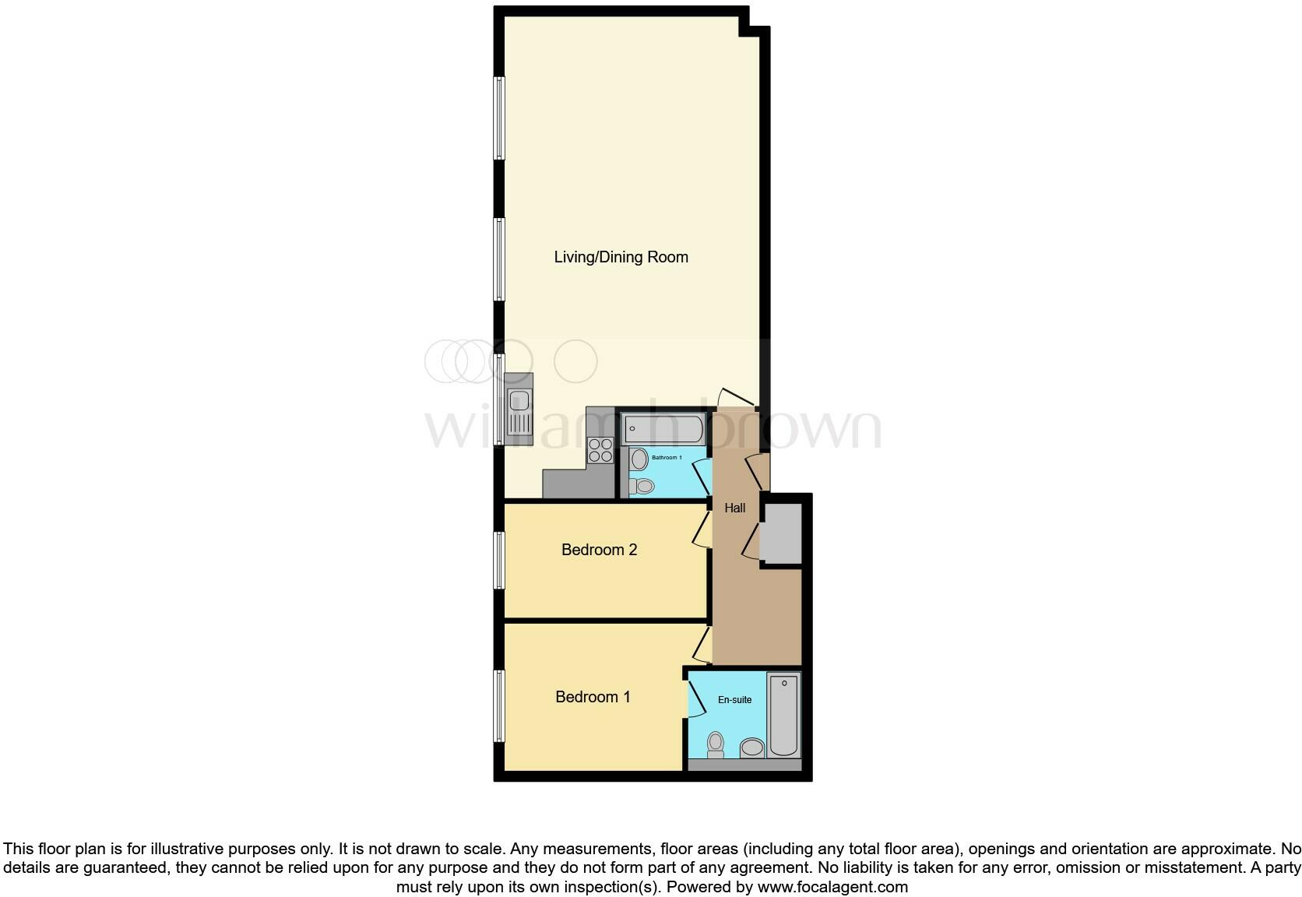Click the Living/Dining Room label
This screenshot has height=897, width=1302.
coord(621,257)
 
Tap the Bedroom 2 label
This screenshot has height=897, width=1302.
coord(599,550)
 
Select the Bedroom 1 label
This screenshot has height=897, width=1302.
coord(593,697)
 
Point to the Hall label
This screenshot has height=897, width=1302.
coord(734,508)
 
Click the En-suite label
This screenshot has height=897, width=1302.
coord(734,699)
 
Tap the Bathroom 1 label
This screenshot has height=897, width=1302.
coord(667,457)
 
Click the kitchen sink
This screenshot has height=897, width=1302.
coord(518,411)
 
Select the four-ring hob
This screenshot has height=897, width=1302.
coord(600,450)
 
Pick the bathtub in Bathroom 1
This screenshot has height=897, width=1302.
coord(663,428)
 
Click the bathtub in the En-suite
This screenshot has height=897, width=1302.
coord(783,715)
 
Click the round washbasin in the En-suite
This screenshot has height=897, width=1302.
coord(751,747)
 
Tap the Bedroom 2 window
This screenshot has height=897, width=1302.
coord(500,560)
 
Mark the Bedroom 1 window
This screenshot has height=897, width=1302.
coord(500,705)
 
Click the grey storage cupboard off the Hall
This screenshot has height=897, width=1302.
coord(781,533)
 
